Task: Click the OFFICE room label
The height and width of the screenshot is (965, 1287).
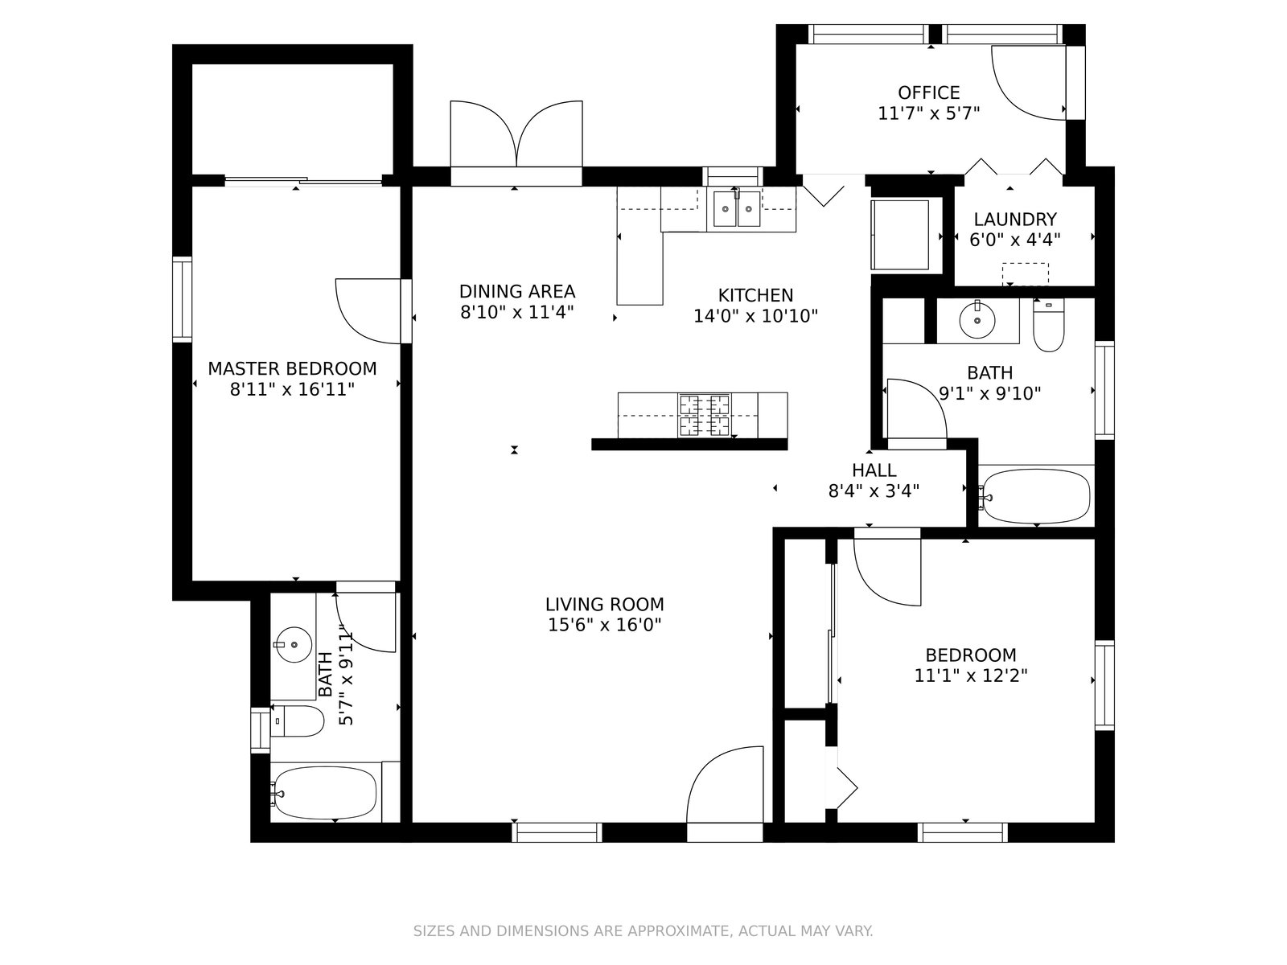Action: pos(928,92)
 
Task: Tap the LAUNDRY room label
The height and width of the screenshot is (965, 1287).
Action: pos(1014,220)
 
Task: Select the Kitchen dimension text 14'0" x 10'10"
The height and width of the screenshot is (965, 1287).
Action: pos(755,316)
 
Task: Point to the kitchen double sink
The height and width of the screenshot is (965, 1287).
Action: pos(737,209)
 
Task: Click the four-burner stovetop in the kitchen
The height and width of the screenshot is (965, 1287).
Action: pos(704,416)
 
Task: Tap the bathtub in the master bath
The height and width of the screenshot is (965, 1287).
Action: pos(326,794)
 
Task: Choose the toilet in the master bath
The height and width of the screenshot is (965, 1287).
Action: pos(297,721)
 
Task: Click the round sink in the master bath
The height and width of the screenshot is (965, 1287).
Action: pos(293,644)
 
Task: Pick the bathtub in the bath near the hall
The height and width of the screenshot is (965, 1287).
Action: pos(1035,495)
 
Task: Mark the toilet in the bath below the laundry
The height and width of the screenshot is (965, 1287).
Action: pos(1048,326)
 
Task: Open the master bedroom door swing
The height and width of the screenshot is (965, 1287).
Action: pos(368,311)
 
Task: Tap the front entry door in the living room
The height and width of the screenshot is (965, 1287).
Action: pos(726,785)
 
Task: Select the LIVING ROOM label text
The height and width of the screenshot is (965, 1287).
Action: pos(605,604)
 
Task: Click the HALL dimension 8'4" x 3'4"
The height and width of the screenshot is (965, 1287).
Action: pos(874,491)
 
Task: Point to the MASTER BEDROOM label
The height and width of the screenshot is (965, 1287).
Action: pos(292,368)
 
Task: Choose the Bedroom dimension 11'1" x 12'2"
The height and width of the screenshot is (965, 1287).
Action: pos(971,676)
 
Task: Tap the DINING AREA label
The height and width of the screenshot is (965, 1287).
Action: pos(516,291)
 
